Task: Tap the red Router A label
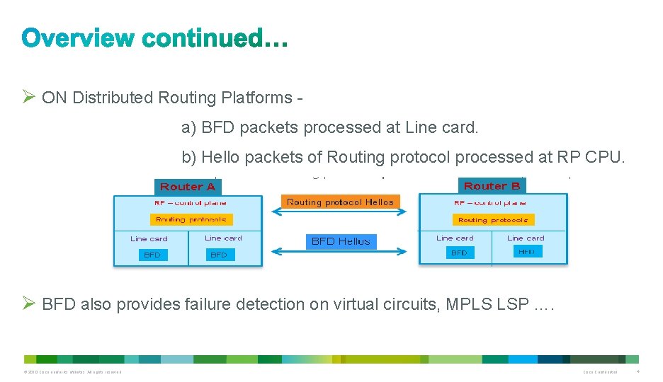187,187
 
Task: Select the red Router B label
492,186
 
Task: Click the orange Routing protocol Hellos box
340,202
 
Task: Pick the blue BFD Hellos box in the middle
341,241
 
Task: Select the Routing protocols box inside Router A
191,220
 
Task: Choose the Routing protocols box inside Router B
492,220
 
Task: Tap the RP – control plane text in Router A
191,203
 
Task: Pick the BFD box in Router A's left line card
152,255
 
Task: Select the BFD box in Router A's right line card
219,255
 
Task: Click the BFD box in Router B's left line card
459,253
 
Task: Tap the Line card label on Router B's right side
526,238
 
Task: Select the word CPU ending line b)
606,157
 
